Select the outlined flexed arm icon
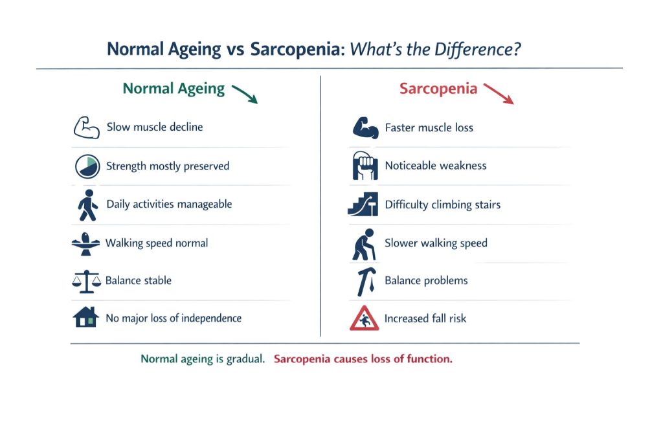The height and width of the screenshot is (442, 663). point(86,127)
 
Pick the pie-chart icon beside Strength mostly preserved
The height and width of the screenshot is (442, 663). point(86,166)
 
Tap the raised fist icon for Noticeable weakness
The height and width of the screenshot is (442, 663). point(365,166)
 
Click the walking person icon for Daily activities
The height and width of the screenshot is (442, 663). point(86,204)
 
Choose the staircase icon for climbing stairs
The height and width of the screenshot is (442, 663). point(363,204)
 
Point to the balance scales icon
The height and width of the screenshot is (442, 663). point(86,281)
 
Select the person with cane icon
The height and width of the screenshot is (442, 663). point(364,244)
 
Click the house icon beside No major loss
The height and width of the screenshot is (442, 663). point(86,318)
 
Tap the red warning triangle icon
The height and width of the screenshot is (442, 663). point(365,318)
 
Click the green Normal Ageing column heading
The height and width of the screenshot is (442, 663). point(174,89)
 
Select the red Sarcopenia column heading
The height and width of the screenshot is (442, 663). point(438,89)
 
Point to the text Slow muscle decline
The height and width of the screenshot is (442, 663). point(155,127)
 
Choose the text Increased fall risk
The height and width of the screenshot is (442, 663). point(425,318)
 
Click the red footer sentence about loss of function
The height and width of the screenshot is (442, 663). point(363,359)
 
